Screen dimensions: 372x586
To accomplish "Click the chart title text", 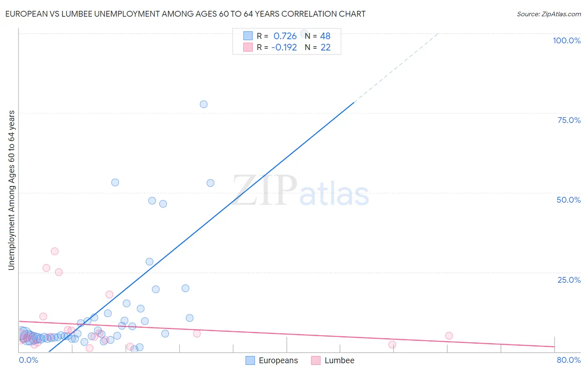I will [x=185, y=14].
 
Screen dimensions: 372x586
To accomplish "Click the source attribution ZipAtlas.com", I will [x=548, y=14].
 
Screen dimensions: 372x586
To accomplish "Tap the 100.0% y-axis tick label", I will [x=566, y=40].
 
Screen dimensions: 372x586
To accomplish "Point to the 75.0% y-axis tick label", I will [x=569, y=120].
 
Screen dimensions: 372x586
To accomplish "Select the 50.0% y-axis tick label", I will [x=568, y=200].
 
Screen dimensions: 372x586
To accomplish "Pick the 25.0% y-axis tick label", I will [x=569, y=280].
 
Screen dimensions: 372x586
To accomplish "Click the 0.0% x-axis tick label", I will [x=28, y=360].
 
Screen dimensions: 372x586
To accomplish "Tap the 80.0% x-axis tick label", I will [x=568, y=360].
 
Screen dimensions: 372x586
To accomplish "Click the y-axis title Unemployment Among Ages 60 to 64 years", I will [x=12, y=190].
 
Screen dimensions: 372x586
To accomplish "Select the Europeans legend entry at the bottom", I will [x=272, y=360].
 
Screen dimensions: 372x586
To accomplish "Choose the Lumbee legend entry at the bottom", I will [x=333, y=360].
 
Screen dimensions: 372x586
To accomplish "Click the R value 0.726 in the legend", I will [x=285, y=36].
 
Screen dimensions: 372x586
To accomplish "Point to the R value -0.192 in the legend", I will [x=284, y=48].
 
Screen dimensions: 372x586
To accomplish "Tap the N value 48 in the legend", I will [x=325, y=36].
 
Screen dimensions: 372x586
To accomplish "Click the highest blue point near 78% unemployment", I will [x=203, y=104].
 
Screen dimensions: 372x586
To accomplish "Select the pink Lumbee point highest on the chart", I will [x=55, y=251].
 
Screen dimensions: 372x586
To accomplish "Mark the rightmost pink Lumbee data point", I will [x=449, y=336].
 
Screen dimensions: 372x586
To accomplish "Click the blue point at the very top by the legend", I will [x=304, y=33].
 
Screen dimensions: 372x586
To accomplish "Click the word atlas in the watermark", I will [x=334, y=194].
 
